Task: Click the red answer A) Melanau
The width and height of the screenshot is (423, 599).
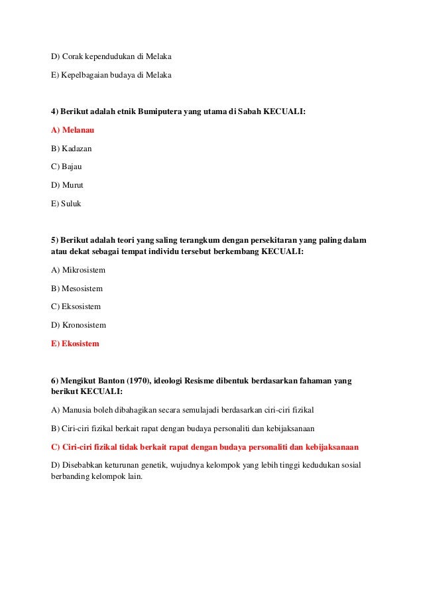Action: click(x=72, y=130)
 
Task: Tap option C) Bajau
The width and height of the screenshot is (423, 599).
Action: click(x=67, y=166)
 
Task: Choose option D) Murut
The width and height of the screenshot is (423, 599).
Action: click(x=68, y=185)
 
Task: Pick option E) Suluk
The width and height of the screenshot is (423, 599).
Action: click(x=66, y=204)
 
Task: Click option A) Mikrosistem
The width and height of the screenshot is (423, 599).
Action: click(x=78, y=271)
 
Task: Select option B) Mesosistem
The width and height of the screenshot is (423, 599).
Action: click(x=77, y=289)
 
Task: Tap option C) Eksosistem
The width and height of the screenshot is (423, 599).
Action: click(x=76, y=307)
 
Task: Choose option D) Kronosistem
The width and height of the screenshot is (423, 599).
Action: click(x=78, y=326)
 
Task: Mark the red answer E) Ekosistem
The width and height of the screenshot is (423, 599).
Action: click(x=75, y=344)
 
